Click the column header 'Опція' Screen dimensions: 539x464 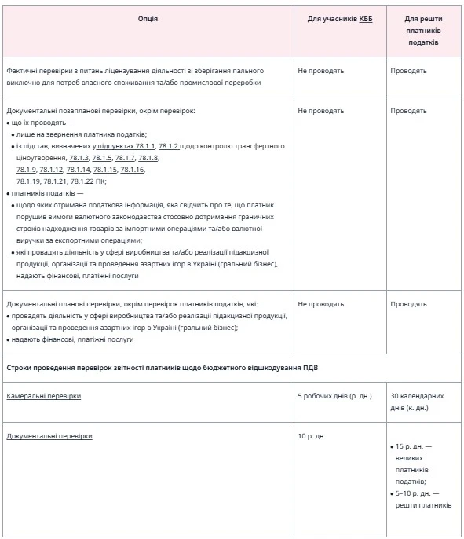148,18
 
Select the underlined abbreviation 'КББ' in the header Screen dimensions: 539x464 365,18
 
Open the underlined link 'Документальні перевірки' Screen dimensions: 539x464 49,434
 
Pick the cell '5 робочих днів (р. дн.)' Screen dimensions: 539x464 334,396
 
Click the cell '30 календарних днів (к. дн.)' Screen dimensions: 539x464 422,401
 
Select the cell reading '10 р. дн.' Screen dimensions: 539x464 312,434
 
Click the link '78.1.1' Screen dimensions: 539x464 144,146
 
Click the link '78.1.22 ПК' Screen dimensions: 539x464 88,181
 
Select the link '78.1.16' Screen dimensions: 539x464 132,170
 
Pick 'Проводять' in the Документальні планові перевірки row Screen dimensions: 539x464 408,303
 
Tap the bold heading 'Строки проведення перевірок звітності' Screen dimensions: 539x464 162,367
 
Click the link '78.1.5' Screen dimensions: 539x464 102,158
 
